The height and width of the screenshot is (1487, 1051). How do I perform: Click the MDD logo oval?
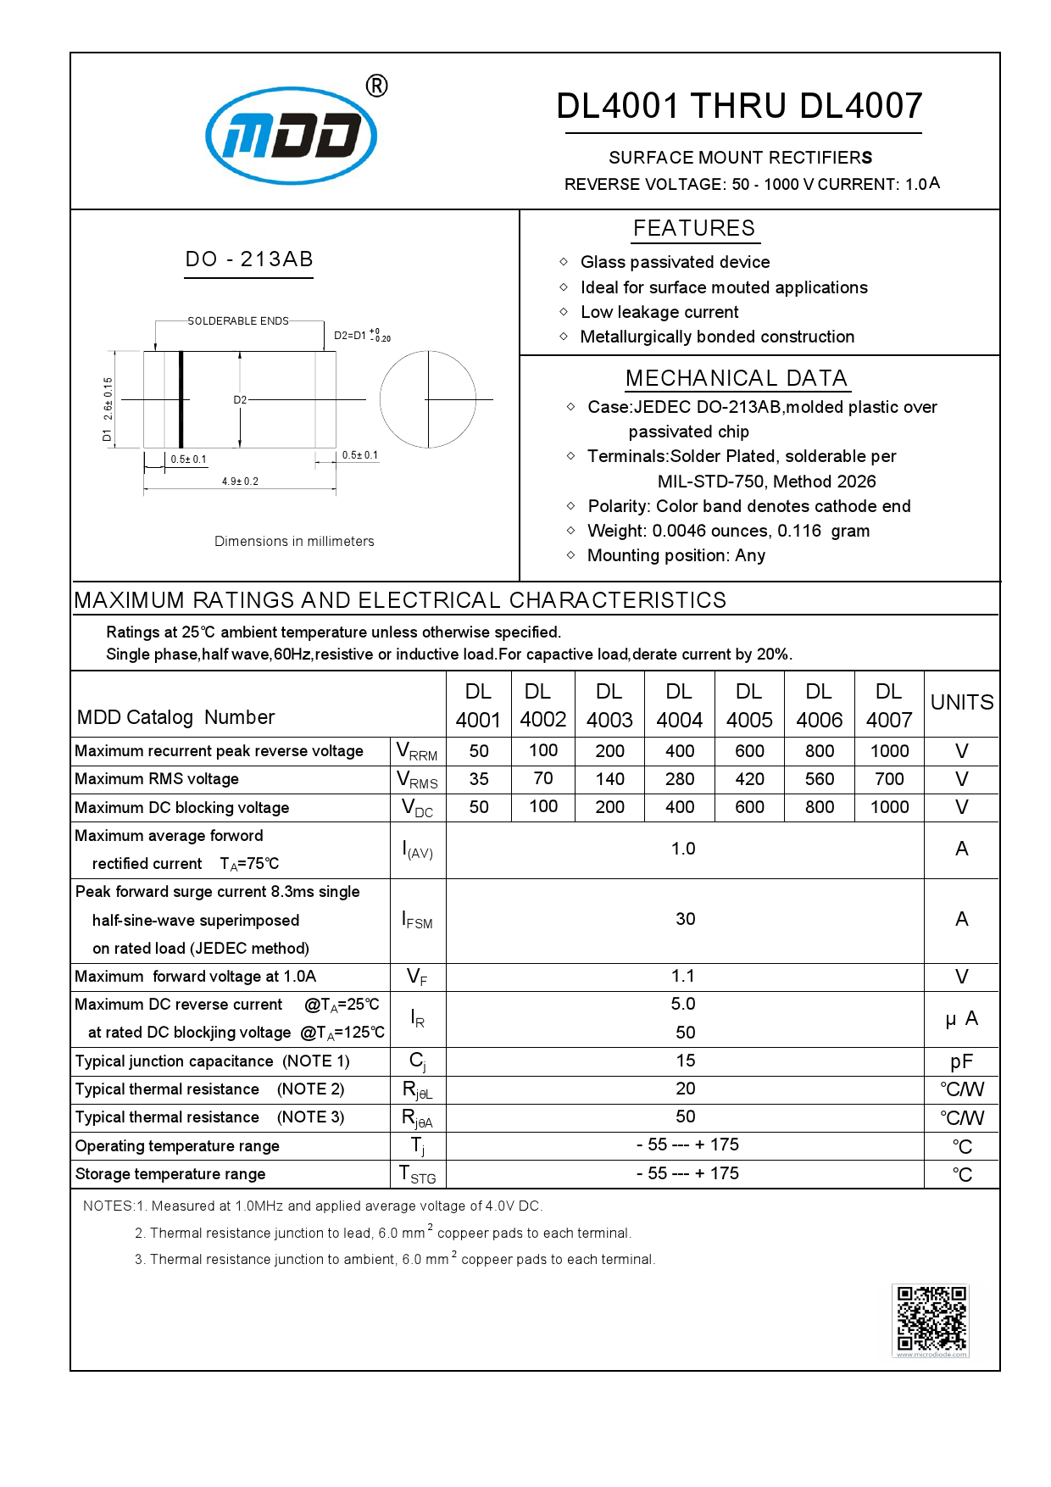coord(291,136)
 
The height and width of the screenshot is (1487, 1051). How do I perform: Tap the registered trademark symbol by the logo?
coord(376,86)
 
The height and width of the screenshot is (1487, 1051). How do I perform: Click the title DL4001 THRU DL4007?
coord(739,107)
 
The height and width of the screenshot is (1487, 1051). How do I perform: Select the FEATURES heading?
coord(693,228)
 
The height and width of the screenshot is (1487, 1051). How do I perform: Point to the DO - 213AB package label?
coord(249,259)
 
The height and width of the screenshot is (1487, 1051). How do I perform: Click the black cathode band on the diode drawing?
coord(181,399)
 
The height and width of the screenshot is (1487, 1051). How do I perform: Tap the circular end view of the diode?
coord(428,399)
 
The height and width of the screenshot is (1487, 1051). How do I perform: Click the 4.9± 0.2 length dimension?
coord(240,482)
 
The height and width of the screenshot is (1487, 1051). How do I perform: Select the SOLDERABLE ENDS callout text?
coord(238,321)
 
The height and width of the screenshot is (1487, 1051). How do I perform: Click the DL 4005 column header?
coord(749,705)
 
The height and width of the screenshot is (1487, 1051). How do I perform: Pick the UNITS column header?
coord(962,703)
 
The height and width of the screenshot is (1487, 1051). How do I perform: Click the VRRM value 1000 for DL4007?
coord(889,751)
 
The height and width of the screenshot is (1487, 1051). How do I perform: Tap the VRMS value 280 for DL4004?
coord(680,779)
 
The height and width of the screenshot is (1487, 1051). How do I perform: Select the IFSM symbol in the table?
coord(417,921)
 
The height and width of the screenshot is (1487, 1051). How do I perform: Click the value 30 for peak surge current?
coord(685,919)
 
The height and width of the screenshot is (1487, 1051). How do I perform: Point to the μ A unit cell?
coord(962,1018)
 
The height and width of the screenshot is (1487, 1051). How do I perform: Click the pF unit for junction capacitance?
coord(962,1061)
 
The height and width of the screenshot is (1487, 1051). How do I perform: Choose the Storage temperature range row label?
coord(170,1174)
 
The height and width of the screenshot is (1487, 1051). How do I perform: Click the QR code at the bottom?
coord(931,1318)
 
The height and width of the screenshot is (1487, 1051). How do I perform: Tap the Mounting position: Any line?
coord(676,556)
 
